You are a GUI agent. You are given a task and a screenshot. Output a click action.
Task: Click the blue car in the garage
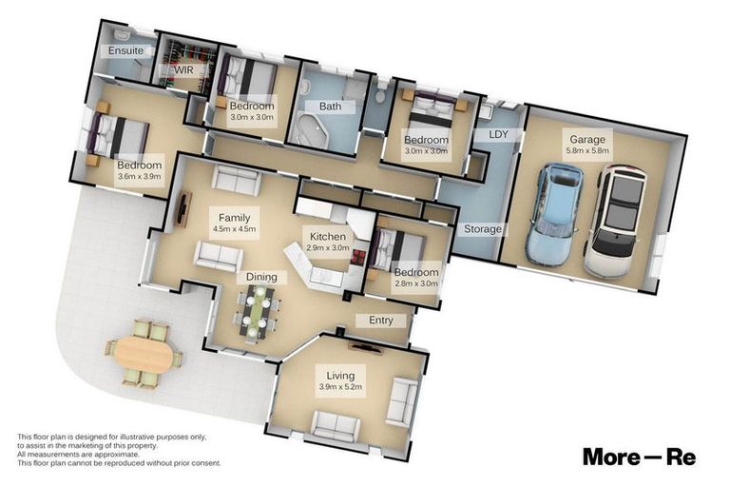click(554, 215)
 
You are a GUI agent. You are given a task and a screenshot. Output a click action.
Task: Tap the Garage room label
click(587, 139)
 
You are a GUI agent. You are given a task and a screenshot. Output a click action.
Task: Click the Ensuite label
click(125, 50)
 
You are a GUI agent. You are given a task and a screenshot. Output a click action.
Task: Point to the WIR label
click(183, 69)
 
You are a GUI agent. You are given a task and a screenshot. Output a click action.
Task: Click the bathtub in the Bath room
click(313, 128)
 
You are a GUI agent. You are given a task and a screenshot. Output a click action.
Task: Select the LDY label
click(498, 134)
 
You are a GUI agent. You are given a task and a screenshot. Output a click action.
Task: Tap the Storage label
click(483, 229)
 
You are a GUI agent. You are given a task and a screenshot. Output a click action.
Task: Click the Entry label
click(381, 321)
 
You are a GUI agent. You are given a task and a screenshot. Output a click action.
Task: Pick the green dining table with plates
click(255, 311)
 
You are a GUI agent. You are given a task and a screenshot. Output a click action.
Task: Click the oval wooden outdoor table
click(144, 354)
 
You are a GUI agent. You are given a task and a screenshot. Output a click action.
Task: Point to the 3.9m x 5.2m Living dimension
click(341, 386)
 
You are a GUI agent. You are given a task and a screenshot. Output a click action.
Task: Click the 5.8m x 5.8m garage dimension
click(587, 150)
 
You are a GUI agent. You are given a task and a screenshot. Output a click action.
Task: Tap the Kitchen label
click(328, 236)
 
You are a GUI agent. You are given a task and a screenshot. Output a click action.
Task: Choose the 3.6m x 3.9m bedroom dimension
click(139, 176)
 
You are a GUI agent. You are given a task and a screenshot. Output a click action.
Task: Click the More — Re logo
click(639, 457)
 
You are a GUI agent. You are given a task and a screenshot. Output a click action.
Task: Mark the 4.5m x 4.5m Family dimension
click(234, 229)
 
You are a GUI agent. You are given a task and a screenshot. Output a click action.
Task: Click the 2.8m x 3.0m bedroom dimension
click(416, 283)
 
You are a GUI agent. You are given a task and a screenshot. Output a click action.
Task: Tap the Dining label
click(261, 278)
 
